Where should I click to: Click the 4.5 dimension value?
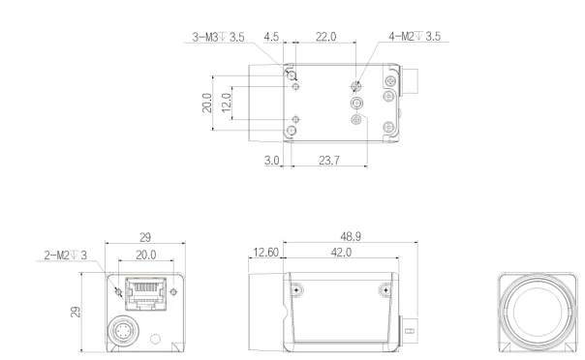click(271, 38)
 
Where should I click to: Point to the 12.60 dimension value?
click(265, 253)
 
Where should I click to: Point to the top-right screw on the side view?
click(385, 288)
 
